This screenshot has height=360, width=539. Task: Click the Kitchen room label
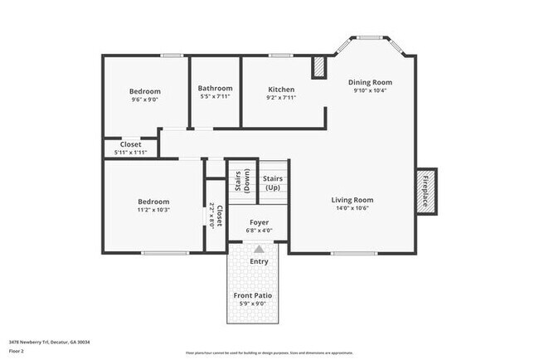(x=281, y=90)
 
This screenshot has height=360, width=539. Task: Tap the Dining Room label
(x=370, y=82)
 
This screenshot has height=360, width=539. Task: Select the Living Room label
(x=352, y=200)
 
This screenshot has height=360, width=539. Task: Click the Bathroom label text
(x=215, y=89)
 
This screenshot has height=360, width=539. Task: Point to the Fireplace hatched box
(x=427, y=192)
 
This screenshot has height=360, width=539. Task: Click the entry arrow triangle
(x=259, y=249)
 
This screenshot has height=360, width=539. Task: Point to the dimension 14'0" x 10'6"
(x=352, y=209)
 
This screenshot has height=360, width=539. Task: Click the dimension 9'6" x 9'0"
(x=144, y=100)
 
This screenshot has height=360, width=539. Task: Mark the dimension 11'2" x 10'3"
(x=153, y=210)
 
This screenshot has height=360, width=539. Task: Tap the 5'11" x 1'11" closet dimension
(x=130, y=153)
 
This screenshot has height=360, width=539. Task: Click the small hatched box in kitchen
(x=318, y=68)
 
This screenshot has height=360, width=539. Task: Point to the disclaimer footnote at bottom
(x=269, y=352)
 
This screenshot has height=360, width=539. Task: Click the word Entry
(x=259, y=261)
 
